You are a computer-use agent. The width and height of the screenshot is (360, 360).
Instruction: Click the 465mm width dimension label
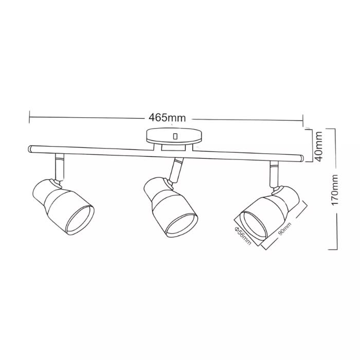pyautogui.click(x=167, y=118)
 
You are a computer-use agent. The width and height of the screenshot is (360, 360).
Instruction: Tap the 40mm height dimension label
pyautogui.click(x=319, y=146)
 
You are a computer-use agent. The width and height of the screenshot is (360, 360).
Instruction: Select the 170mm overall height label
pyautogui.click(x=334, y=190)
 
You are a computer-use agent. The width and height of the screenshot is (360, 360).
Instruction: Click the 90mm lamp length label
pyautogui.click(x=284, y=229)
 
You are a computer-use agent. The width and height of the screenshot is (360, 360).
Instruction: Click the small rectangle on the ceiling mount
pyautogui.click(x=175, y=136)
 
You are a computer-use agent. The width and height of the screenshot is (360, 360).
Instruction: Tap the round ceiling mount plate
pyautogui.click(x=174, y=137)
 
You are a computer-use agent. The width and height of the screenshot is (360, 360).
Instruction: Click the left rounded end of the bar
pyautogui.click(x=30, y=149)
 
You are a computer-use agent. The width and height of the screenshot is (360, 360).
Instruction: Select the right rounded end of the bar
pyautogui.click(x=302, y=158)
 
